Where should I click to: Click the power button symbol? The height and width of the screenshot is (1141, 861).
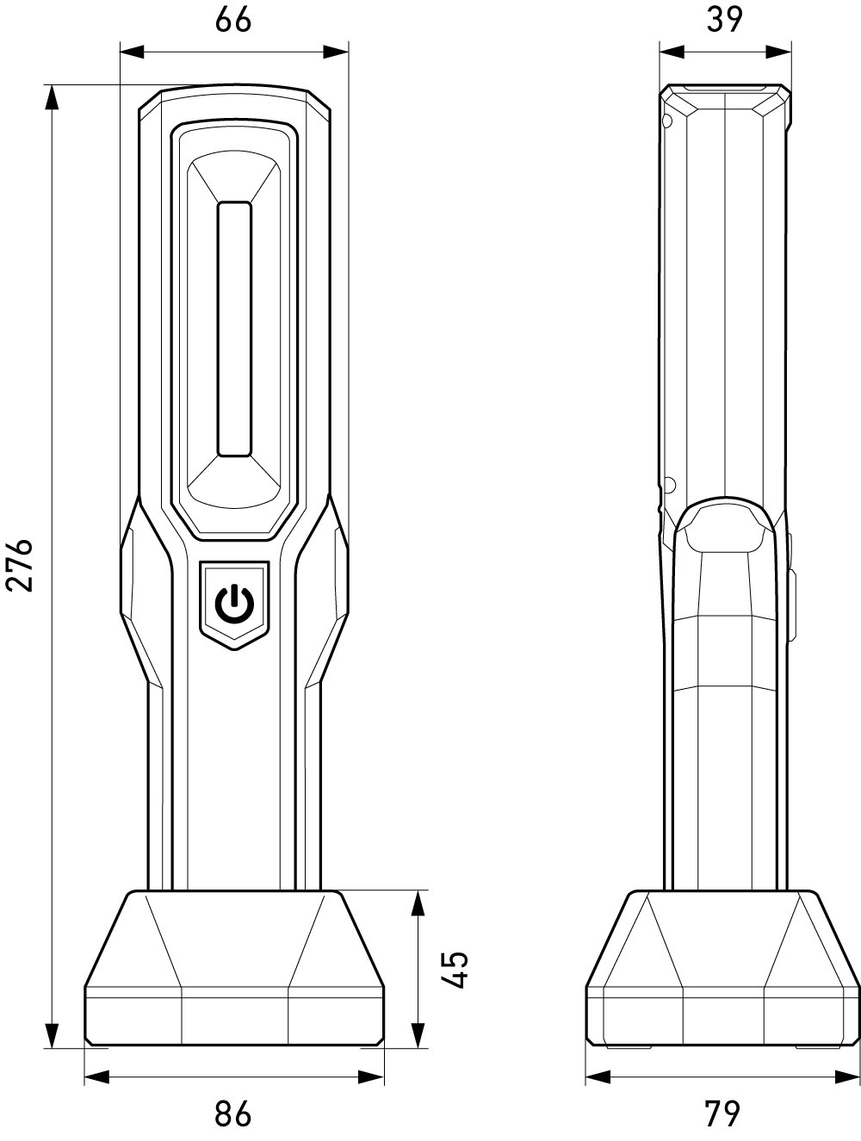pyautogui.click(x=234, y=605)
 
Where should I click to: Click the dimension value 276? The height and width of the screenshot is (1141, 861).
pyautogui.click(x=20, y=565)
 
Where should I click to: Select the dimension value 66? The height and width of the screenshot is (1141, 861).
pyautogui.click(x=233, y=20)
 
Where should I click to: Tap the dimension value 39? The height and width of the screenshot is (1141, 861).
pyautogui.click(x=724, y=20)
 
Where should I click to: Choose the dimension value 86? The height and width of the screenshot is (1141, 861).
pyautogui.click(x=233, y=1113)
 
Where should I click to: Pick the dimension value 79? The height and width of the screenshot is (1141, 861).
pyautogui.click(x=722, y=1113)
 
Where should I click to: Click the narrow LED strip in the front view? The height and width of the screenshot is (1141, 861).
pyautogui.click(x=234, y=329)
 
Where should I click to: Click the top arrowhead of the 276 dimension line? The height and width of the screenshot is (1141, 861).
pyautogui.click(x=53, y=97)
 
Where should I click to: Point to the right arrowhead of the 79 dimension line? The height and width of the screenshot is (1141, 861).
pyautogui.click(x=847, y=1076)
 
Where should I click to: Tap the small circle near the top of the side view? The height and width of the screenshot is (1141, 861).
pyautogui.click(x=666, y=121)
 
